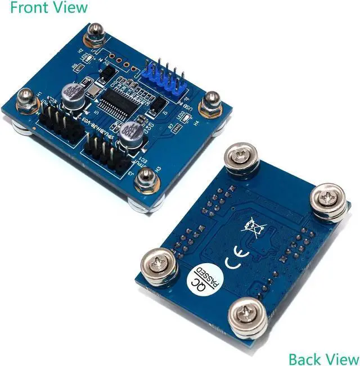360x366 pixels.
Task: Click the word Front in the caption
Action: click(x=26, y=7)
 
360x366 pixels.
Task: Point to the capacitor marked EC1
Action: click(x=74, y=93)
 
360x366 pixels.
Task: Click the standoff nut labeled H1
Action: click(x=25, y=101)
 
